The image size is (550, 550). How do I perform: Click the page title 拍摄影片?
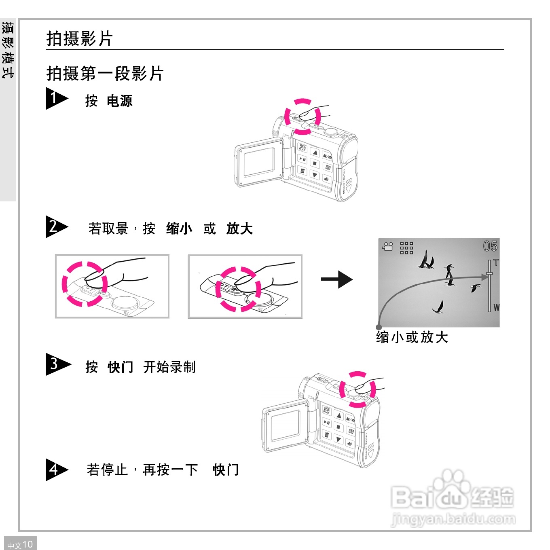click(79, 39)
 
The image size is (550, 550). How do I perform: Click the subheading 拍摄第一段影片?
click(105, 74)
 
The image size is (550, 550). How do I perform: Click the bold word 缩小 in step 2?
click(179, 228)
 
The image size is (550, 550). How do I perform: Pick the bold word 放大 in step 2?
click(239, 228)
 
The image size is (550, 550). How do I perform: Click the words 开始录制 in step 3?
click(169, 367)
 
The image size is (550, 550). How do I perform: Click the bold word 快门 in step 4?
click(226, 470)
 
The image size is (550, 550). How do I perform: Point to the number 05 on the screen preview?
click(490, 246)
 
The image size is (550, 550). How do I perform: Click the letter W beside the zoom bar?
click(496, 308)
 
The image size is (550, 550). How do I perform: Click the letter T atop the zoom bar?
click(496, 263)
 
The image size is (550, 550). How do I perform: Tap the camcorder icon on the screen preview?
click(388, 247)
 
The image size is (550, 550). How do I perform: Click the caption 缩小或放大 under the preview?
click(412, 337)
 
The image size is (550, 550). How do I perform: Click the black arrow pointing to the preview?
click(337, 279)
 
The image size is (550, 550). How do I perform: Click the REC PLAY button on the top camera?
click(302, 148)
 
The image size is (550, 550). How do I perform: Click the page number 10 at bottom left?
click(27, 544)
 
